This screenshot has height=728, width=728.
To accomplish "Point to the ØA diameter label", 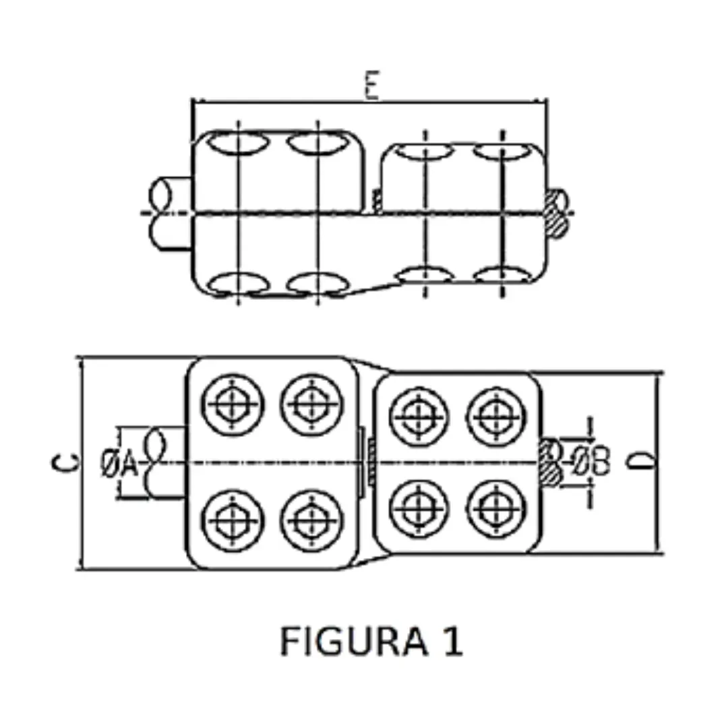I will [x=119, y=464].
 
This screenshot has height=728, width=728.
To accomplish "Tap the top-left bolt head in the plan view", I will [x=233, y=404].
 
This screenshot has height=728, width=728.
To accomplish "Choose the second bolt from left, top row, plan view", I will [x=311, y=404].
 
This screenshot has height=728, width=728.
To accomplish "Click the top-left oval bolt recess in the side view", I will [x=237, y=144].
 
